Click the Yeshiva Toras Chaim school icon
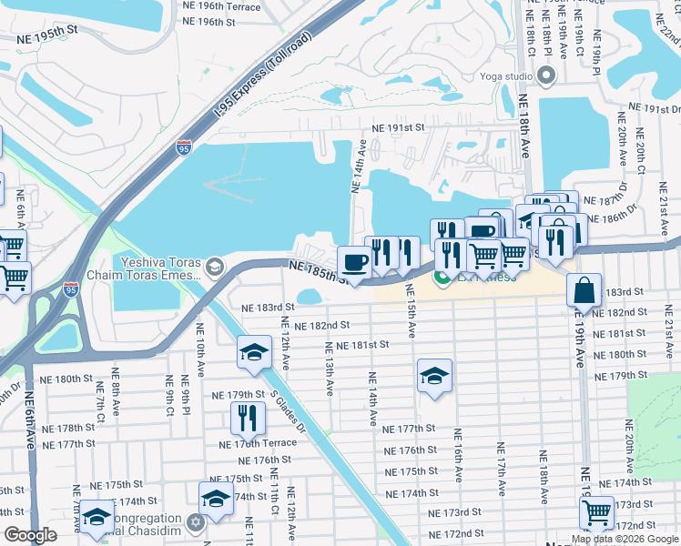point(215,266)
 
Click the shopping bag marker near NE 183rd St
point(584,290)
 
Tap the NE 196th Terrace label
point(221,5)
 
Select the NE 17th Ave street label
point(499,469)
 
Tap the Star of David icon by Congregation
point(194,522)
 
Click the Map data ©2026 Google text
point(625,539)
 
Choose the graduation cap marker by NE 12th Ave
point(255,353)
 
